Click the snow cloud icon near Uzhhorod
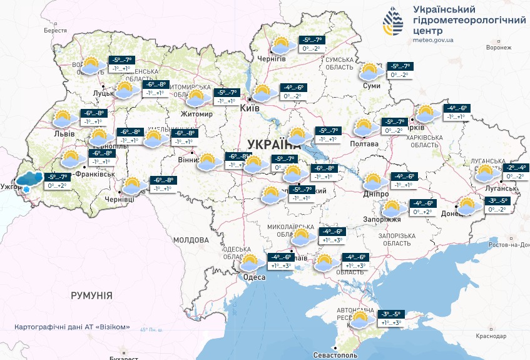[x=28, y=180]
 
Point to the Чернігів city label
[x=272, y=58]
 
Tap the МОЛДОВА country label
[x=190, y=240]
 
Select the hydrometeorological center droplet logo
[x=394, y=22]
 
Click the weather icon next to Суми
[x=371, y=72]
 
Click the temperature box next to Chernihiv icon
[x=312, y=44]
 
